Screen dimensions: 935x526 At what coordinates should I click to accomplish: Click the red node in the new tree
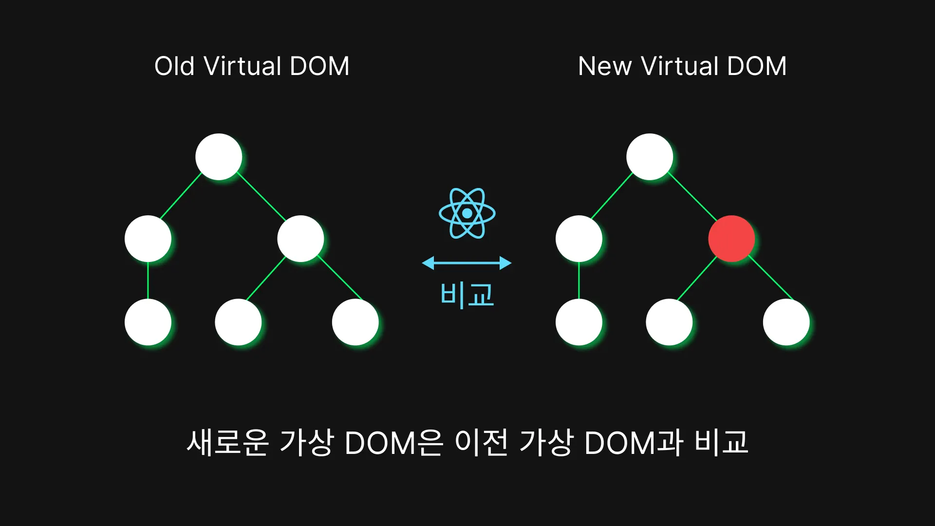(x=731, y=239)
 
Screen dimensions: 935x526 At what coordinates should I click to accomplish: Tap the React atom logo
(x=467, y=213)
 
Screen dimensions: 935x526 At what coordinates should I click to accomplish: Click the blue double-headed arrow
(x=467, y=263)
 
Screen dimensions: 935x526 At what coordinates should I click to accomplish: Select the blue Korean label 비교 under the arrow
(x=467, y=295)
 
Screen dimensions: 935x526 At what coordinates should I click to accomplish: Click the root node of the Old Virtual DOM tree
(x=219, y=157)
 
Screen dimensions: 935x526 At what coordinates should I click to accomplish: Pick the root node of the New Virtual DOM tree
(x=650, y=157)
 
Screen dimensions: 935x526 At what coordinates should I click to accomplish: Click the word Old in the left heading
(x=174, y=66)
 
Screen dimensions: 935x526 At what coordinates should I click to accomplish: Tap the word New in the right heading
(x=604, y=66)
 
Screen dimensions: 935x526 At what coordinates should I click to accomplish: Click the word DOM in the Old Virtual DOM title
(x=319, y=66)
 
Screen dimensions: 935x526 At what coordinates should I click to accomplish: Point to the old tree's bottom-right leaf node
(x=355, y=322)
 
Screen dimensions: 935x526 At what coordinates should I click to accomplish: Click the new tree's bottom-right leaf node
(x=786, y=322)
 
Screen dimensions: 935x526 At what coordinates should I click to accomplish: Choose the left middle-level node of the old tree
(x=148, y=239)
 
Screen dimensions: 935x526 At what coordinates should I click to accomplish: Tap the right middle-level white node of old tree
(x=300, y=239)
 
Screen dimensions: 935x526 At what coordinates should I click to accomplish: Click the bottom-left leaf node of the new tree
(x=579, y=322)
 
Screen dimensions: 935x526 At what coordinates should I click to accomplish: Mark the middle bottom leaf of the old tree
(x=238, y=322)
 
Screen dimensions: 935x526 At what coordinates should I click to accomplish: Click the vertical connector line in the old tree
(x=148, y=281)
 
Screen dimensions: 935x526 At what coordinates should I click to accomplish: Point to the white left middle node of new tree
(x=579, y=239)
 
